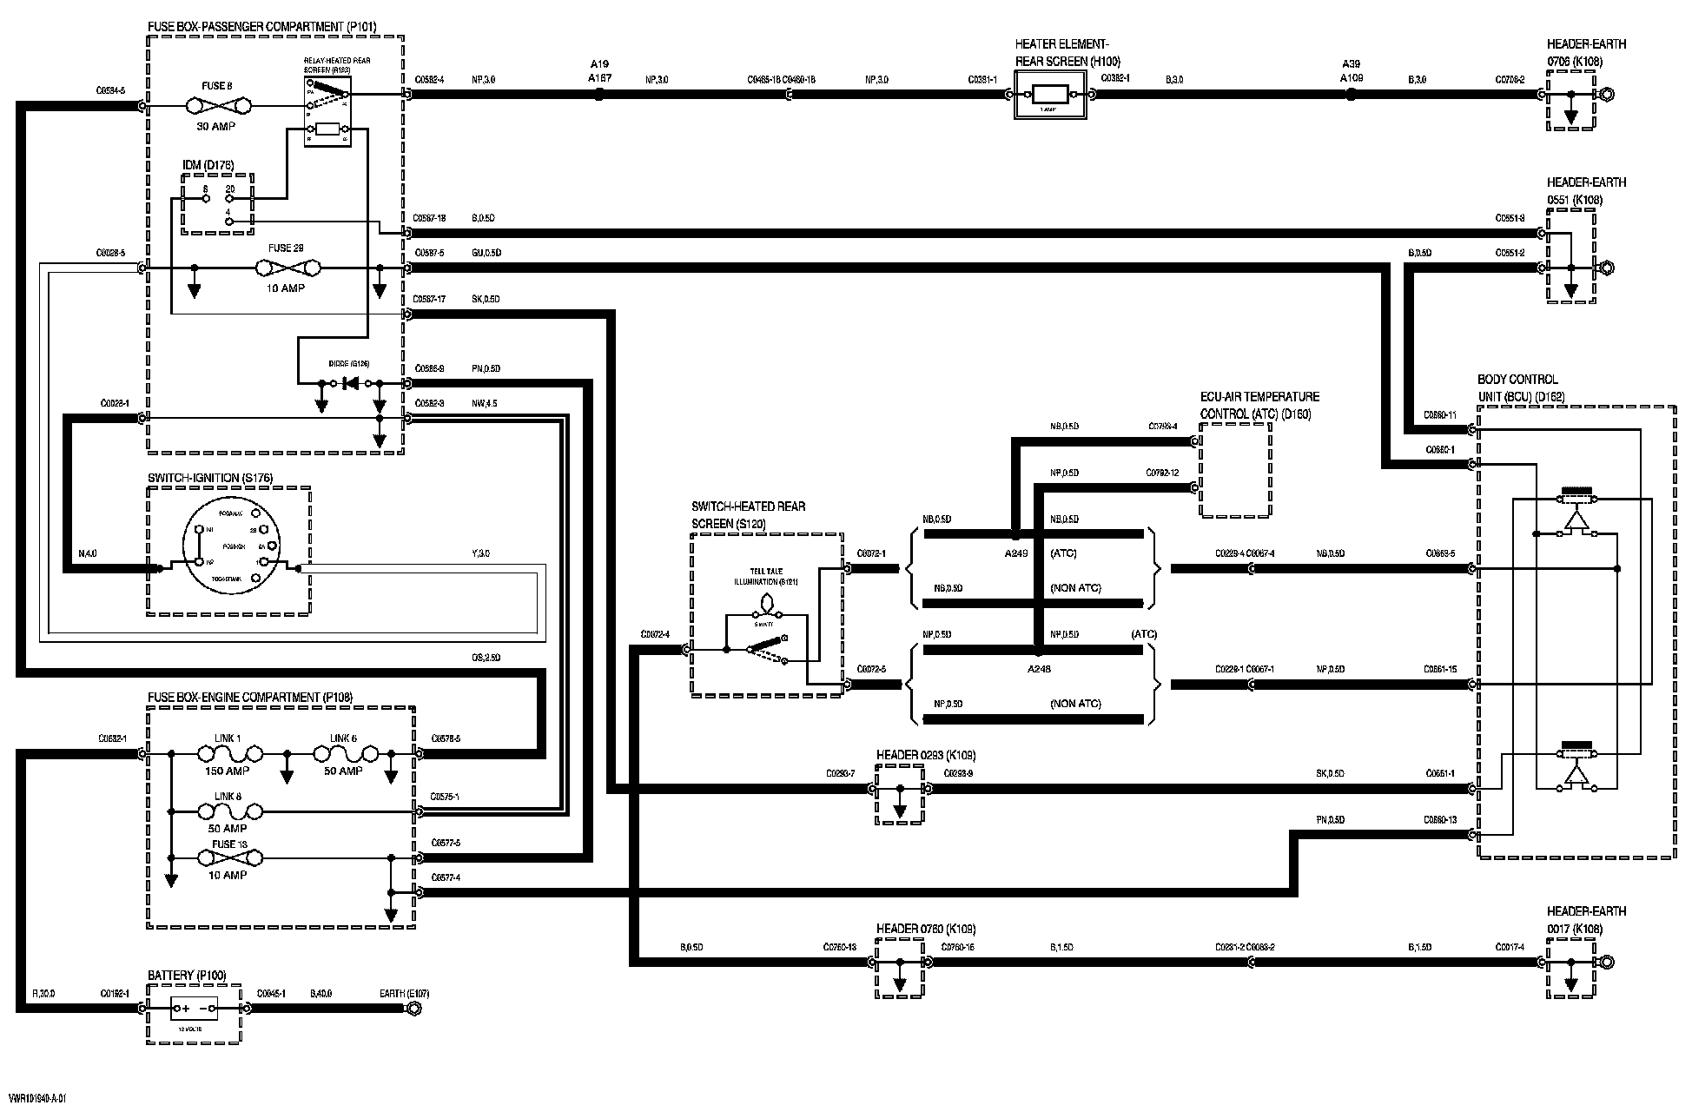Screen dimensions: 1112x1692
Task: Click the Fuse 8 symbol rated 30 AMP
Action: coord(218,106)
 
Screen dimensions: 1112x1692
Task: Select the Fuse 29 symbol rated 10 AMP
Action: coord(286,268)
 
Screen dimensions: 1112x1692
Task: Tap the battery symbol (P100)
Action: coord(194,1009)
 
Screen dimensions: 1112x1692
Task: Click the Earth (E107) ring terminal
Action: coord(414,1009)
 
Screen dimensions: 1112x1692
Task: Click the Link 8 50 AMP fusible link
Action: coord(228,811)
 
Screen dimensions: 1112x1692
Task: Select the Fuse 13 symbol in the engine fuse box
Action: coord(228,857)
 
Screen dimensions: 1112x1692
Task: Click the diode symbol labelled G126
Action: coord(351,383)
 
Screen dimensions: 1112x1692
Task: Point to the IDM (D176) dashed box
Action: coord(217,204)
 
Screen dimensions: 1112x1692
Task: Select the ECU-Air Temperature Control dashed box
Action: coord(1234,470)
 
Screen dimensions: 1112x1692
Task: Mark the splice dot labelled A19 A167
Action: coord(598,95)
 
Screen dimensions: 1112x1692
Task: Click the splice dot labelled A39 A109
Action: coord(1351,95)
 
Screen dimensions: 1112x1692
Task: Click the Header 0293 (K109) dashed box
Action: coord(900,795)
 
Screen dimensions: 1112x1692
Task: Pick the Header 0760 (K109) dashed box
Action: coord(900,968)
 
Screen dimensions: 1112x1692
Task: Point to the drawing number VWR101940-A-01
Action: coord(36,1099)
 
